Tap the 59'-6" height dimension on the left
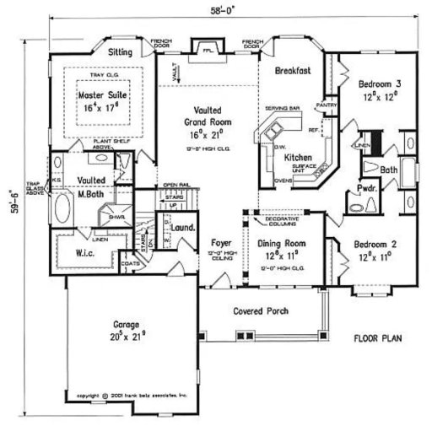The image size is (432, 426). point(10,216)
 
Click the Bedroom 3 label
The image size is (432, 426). point(379,84)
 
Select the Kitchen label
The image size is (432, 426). point(299,158)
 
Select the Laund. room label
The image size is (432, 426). point(183,228)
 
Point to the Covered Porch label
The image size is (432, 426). point(261,311)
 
